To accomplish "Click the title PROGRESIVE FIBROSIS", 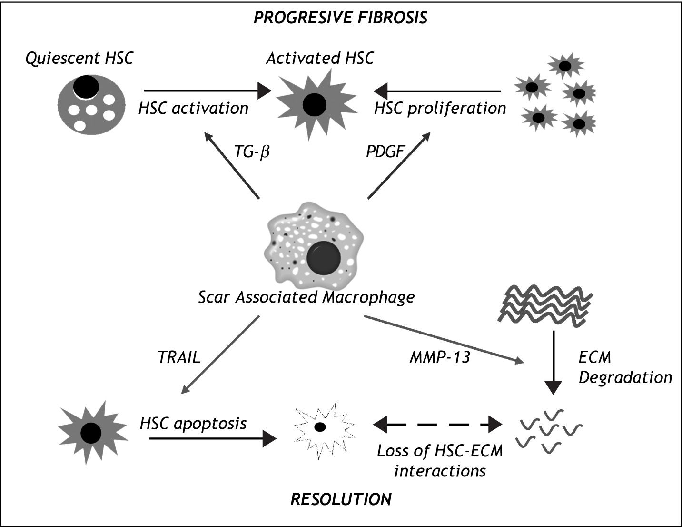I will pos(340,18).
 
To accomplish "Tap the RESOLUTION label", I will pos(341,499).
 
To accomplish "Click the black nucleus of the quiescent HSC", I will pos(86,87).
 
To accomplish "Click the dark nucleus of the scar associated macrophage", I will pos(324,258).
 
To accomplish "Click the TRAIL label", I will pos(179,357).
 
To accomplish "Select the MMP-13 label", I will pos(440,357).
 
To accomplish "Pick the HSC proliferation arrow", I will pos(437,90).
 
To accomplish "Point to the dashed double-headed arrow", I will pos(438,423).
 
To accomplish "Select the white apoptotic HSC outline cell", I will pos(324,428).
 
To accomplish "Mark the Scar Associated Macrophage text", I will pos(306,297).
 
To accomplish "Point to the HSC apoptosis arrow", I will pos(212,438).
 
